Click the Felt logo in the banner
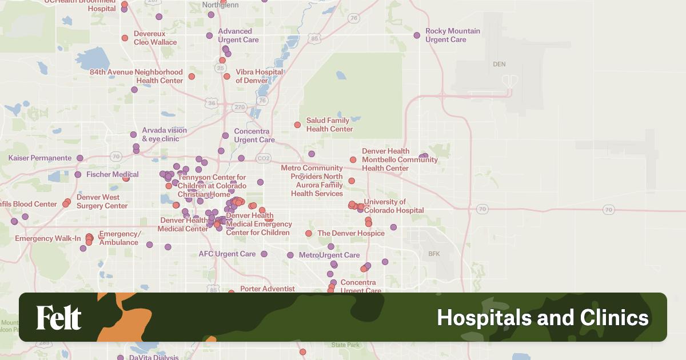pyautogui.click(x=59, y=318)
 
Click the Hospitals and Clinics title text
pyautogui.click(x=543, y=318)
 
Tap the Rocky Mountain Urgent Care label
pyautogui.click(x=453, y=35)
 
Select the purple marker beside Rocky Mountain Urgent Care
pyautogui.click(x=417, y=35)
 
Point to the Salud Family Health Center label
pyautogui.click(x=329, y=125)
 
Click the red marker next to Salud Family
pyautogui.click(x=297, y=125)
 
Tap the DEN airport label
pyautogui.click(x=499, y=65)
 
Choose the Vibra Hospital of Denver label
pyautogui.click(x=259, y=76)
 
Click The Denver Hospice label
pyautogui.click(x=351, y=233)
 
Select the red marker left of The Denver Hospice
pyautogui.click(x=309, y=233)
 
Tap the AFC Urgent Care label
pyautogui.click(x=227, y=254)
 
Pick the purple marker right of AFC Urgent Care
pyautogui.click(x=264, y=254)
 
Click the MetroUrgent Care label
pyautogui.click(x=329, y=255)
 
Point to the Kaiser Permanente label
pyautogui.click(x=40, y=158)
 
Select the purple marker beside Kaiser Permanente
pyautogui.click(x=80, y=158)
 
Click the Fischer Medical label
pyautogui.click(x=113, y=174)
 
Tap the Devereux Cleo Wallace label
pyautogui.click(x=155, y=38)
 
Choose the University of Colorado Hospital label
pyautogui.click(x=393, y=206)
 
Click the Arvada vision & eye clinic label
pyautogui.click(x=164, y=134)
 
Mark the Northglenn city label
pyautogui.click(x=221, y=5)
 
